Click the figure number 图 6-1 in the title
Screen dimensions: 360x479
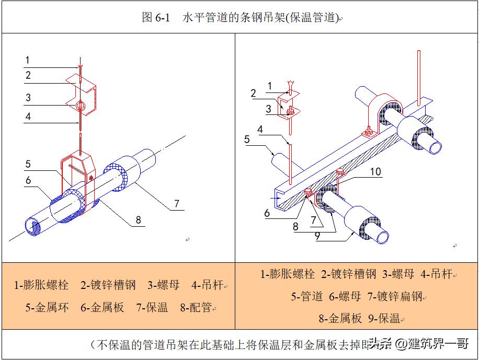point(156,18)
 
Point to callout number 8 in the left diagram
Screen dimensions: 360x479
point(139,220)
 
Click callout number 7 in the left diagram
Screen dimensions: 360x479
point(177,203)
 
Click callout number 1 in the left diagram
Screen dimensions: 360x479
point(28,61)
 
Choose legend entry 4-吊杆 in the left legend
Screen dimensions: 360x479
point(207,285)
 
